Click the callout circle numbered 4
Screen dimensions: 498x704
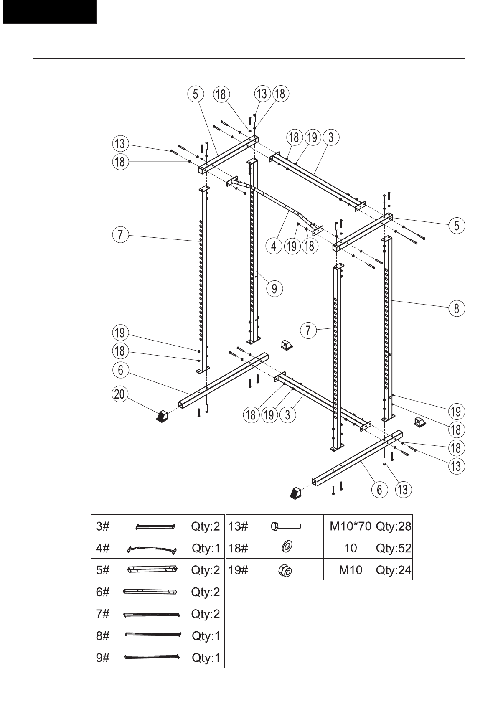point(274,246)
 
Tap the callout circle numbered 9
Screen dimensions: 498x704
point(274,288)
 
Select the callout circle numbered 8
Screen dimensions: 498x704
point(457,308)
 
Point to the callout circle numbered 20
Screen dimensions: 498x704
point(120,394)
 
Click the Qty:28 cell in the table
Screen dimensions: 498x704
point(394,526)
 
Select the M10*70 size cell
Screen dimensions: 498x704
point(350,526)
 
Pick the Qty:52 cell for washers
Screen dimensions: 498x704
point(394,548)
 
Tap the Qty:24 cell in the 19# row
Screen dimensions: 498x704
point(394,570)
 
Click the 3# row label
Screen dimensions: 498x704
point(103,526)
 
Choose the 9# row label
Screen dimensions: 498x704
point(103,658)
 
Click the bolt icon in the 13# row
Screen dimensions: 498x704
point(286,526)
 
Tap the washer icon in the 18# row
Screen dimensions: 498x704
point(287,547)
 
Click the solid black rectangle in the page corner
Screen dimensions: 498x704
point(49,12)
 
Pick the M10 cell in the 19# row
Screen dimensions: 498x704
point(351,570)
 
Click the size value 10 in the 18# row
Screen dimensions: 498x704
point(351,548)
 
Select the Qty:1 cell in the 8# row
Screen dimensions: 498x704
point(206,635)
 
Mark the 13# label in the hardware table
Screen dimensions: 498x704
point(238,526)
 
